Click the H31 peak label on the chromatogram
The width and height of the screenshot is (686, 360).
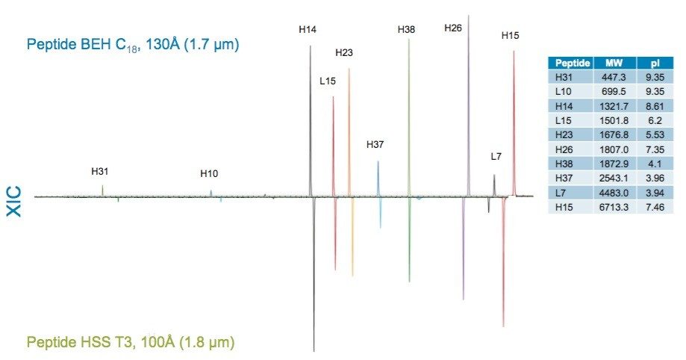click(x=100, y=171)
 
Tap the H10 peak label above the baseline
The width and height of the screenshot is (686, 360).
click(x=209, y=174)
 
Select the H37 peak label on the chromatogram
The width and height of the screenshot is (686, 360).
click(x=375, y=144)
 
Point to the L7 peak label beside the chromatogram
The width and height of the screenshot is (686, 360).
click(x=496, y=157)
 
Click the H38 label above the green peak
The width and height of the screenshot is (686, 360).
click(x=406, y=29)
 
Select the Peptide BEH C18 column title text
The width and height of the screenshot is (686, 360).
click(x=132, y=45)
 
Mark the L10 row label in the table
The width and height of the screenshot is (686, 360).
click(x=564, y=90)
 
